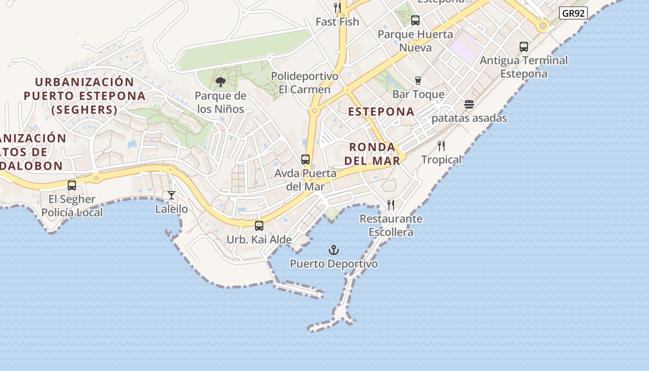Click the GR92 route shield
(x=573, y=13)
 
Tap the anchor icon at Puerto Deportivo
(x=334, y=250)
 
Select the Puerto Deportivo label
(x=334, y=264)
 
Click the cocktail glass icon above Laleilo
(x=172, y=195)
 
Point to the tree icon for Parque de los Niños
(x=221, y=83)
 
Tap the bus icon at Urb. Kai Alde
(x=259, y=226)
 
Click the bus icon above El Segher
(x=72, y=185)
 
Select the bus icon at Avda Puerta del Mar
(x=305, y=160)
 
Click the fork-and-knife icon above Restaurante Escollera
(x=391, y=205)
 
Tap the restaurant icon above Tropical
(x=441, y=146)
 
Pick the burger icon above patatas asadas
(x=469, y=104)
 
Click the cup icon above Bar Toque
(x=418, y=81)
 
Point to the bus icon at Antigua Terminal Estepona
(x=524, y=46)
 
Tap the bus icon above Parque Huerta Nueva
(x=415, y=20)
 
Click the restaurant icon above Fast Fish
(x=337, y=8)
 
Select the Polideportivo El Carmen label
(x=305, y=83)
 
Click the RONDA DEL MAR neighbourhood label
(x=372, y=154)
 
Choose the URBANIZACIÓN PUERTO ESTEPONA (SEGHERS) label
(x=84, y=96)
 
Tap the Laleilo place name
(x=172, y=209)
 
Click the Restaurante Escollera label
(x=391, y=225)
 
